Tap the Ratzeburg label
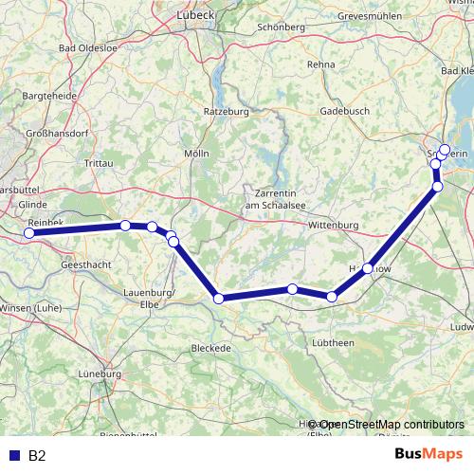tap(225, 111)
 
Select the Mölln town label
tap(196, 153)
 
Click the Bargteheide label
tap(47, 98)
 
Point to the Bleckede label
tap(211, 348)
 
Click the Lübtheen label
tap(332, 342)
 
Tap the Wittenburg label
tap(333, 225)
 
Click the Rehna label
tap(320, 64)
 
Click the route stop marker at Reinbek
tap(29, 232)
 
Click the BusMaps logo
tap(428, 455)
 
